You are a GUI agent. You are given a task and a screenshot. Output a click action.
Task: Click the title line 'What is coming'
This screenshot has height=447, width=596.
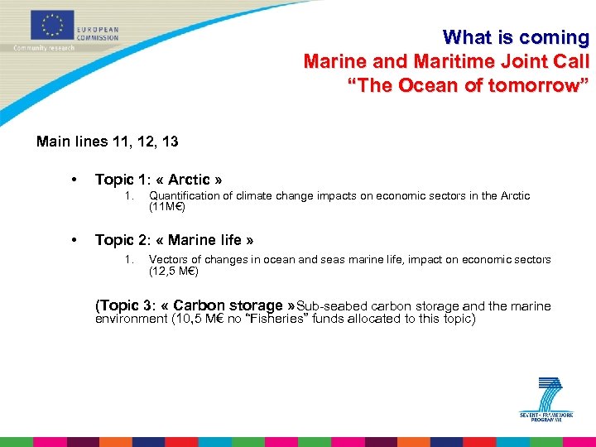coord(516,37)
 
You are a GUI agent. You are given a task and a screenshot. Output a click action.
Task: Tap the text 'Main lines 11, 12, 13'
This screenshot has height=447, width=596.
coord(108,142)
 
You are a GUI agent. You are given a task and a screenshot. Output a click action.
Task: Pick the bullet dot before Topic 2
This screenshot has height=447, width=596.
coord(75,241)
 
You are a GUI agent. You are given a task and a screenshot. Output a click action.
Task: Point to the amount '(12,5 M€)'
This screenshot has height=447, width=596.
coord(173,271)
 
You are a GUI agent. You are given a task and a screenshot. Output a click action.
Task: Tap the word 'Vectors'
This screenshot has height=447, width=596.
coord(168,260)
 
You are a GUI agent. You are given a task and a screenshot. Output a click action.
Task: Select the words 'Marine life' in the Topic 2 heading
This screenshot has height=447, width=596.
coord(209,240)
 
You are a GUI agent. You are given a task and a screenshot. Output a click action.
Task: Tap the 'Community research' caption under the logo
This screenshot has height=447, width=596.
coord(44,48)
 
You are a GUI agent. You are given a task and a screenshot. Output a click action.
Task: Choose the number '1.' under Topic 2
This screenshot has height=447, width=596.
coord(128,260)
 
